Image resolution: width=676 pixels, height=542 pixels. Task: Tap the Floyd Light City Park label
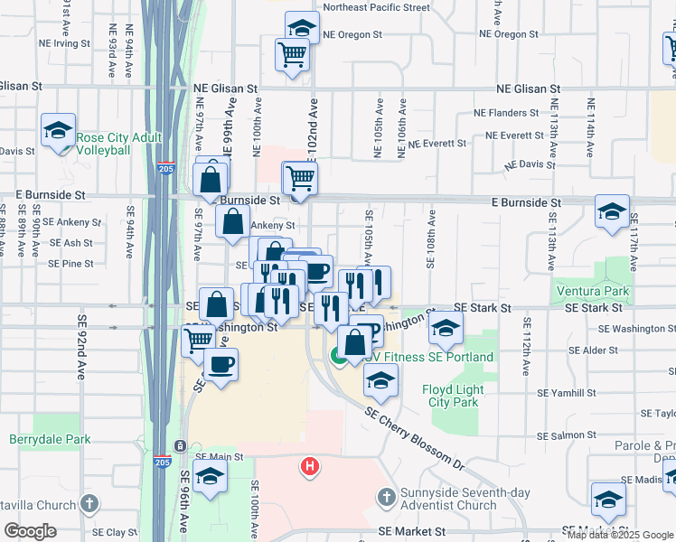[x=453, y=396]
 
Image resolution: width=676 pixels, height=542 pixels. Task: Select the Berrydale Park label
[x=50, y=440]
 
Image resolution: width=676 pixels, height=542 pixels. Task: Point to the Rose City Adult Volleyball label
[x=118, y=144]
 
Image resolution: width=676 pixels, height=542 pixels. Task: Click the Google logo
[x=31, y=531]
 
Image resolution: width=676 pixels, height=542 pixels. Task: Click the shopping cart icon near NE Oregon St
[x=293, y=56]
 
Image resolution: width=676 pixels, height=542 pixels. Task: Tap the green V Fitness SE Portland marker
[x=337, y=357]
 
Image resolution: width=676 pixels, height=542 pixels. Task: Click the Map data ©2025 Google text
[x=621, y=534]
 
